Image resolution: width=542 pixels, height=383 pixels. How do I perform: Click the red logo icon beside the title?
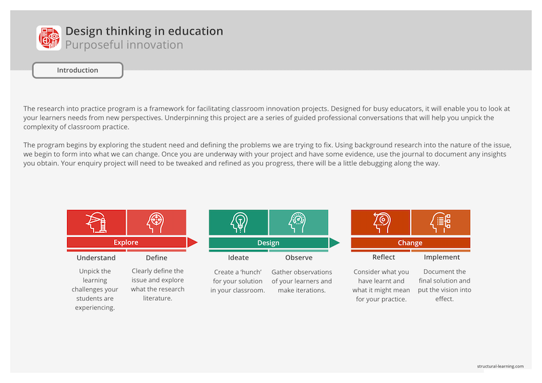[48, 38]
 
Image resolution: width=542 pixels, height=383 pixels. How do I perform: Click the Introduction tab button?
[77, 70]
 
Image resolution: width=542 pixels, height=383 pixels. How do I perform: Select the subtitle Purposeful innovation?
[124, 45]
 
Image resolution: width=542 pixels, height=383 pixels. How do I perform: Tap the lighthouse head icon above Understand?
[96, 222]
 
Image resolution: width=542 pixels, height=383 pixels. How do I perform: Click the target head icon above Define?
[157, 222]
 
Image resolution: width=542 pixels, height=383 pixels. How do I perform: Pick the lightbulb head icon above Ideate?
[238, 222]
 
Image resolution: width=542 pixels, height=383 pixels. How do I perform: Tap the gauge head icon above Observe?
[298, 222]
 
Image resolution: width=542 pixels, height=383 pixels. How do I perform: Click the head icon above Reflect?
[381, 222]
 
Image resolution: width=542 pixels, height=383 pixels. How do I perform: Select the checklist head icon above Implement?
[440, 222]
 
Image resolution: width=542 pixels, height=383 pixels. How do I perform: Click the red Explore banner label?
[126, 243]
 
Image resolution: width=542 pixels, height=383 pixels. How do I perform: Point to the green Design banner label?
[268, 243]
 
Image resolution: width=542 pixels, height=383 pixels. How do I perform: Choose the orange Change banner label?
[410, 243]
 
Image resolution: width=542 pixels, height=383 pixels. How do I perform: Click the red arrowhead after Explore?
[192, 243]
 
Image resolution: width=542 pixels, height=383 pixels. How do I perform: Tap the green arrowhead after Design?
[334, 243]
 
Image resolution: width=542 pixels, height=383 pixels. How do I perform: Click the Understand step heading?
[96, 258]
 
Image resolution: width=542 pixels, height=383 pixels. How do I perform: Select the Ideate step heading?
[238, 258]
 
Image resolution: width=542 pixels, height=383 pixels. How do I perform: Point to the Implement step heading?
[442, 258]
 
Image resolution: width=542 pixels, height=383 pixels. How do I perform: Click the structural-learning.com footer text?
[500, 366]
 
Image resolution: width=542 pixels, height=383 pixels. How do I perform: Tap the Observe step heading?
[299, 258]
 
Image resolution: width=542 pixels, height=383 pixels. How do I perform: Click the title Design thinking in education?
[144, 31]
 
